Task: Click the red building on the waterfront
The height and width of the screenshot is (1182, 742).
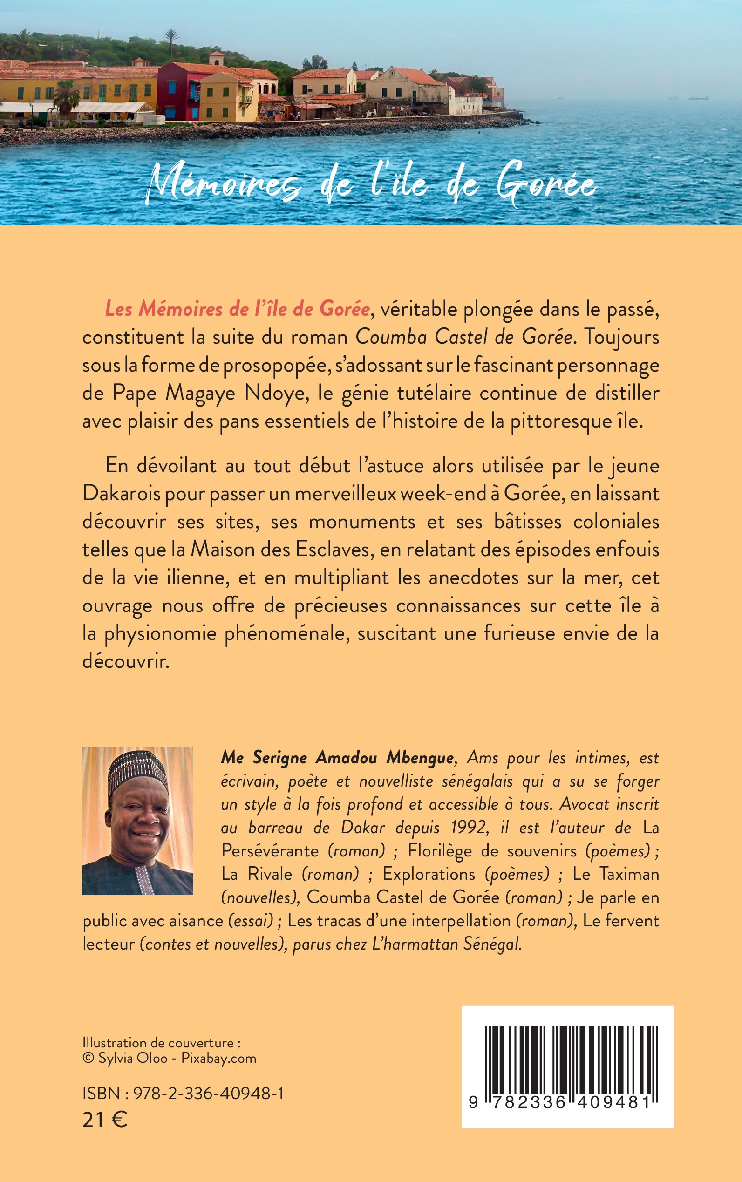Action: click(179, 92)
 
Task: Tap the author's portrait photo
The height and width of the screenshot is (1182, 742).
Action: click(137, 821)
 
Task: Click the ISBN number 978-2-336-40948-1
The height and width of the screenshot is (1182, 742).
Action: click(209, 1093)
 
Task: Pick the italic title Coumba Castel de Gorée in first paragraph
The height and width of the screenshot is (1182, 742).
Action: click(464, 337)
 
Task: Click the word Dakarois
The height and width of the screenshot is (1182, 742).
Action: click(121, 493)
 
